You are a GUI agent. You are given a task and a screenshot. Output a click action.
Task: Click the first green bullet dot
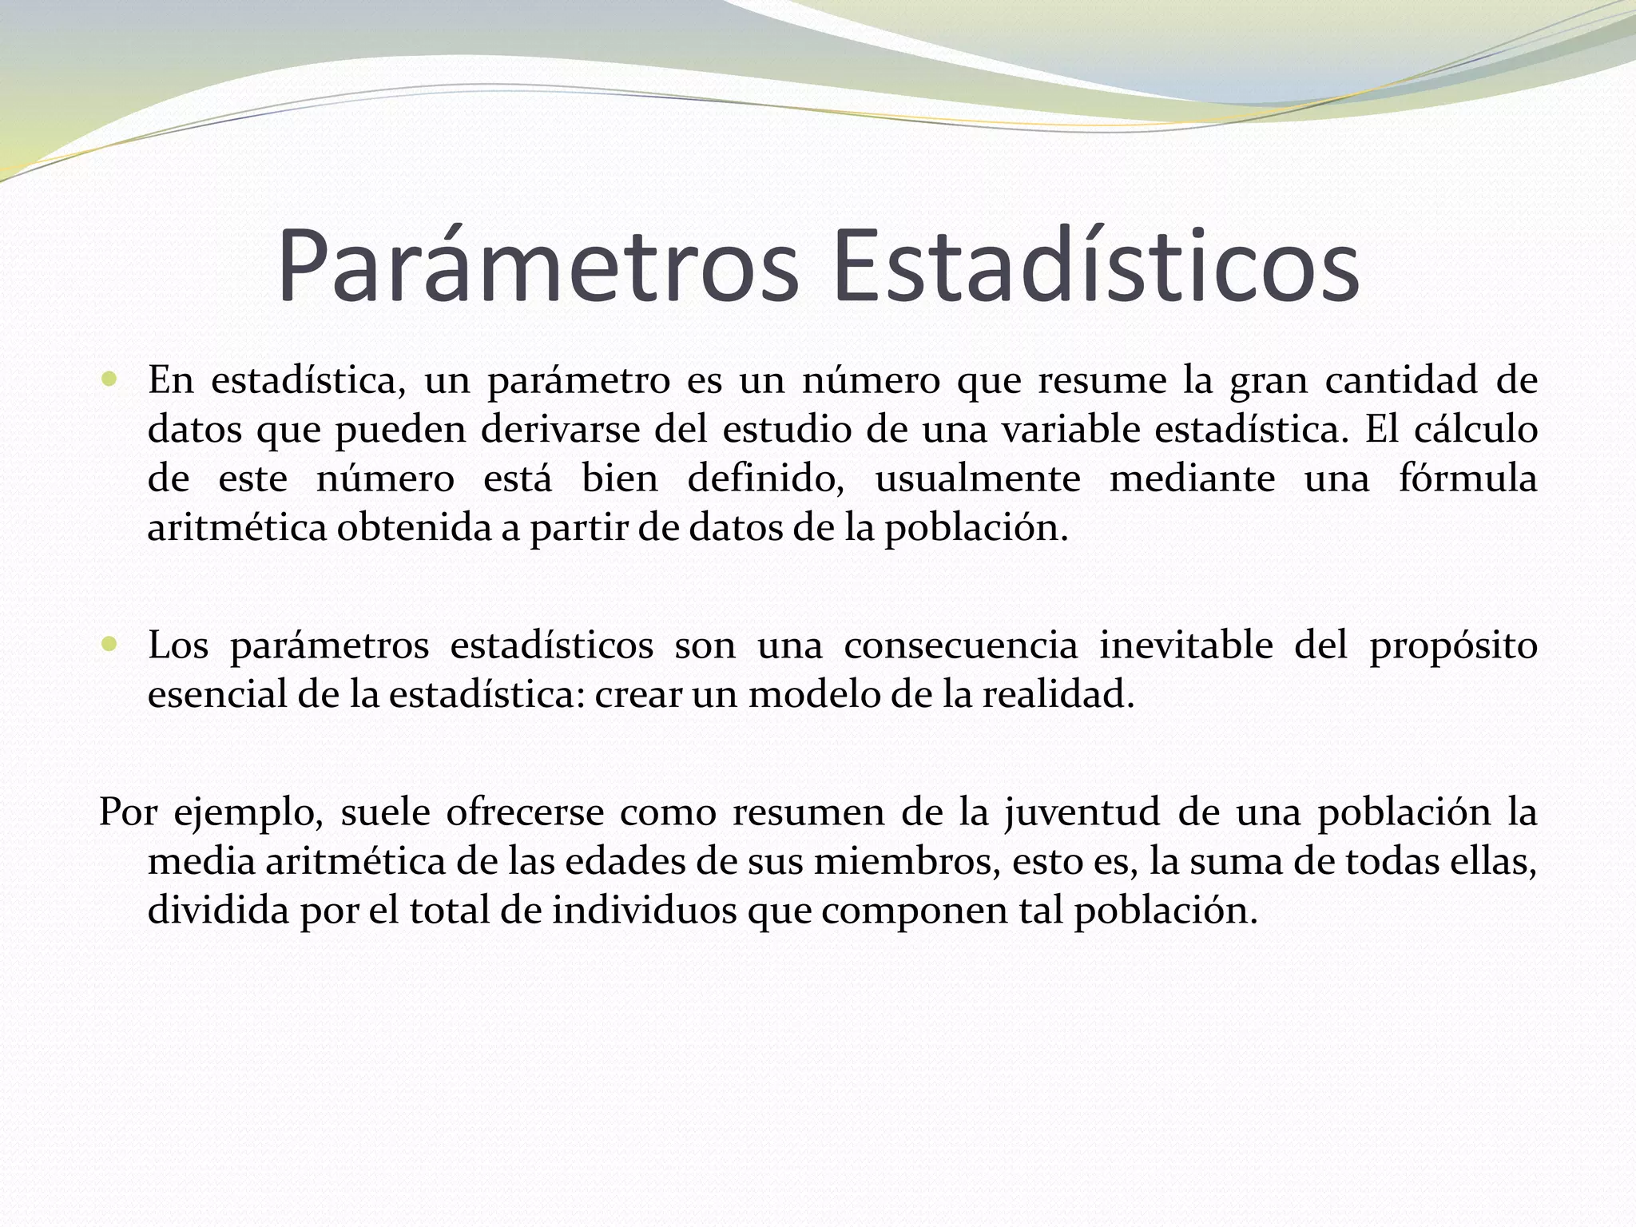(x=109, y=379)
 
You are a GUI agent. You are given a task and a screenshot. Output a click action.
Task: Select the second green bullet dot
(x=109, y=644)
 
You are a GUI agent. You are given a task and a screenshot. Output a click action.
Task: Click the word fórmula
(x=1468, y=479)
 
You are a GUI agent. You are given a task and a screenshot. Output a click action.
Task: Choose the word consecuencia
(x=961, y=645)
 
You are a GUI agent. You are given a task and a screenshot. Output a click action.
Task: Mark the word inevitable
(x=1186, y=645)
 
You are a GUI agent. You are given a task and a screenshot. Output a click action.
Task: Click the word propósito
(x=1454, y=645)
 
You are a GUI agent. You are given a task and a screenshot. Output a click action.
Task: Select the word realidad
(x=1058, y=695)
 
